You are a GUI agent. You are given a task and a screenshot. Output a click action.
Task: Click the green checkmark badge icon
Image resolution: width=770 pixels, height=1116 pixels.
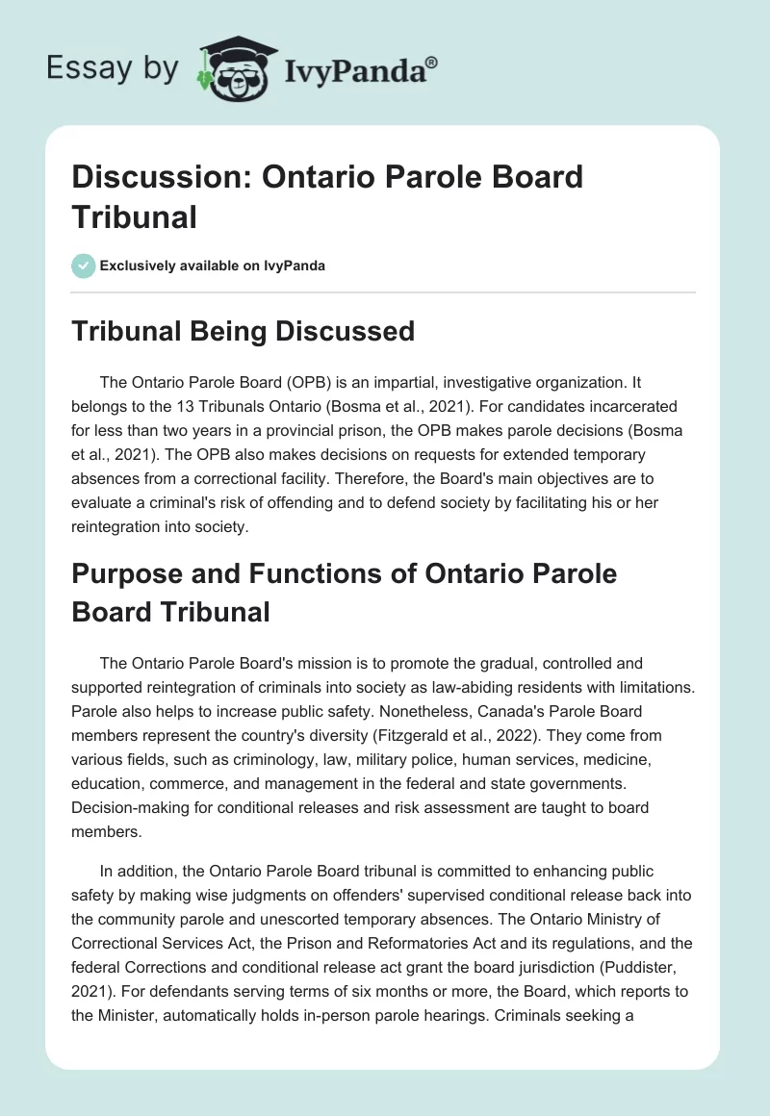click(x=84, y=266)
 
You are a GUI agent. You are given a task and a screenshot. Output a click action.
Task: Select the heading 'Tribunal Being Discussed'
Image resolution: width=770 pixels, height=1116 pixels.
click(x=244, y=331)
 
